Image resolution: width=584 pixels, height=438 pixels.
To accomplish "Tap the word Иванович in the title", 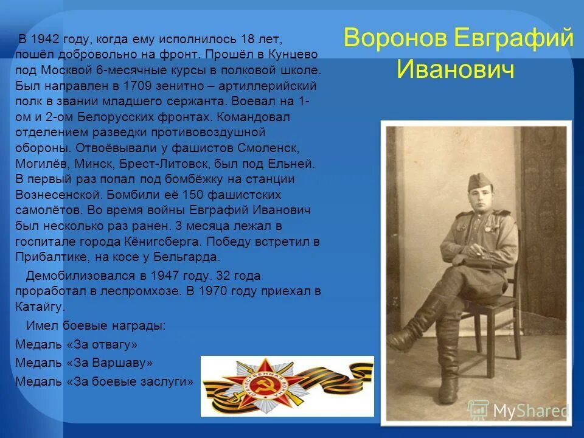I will click(x=456, y=68).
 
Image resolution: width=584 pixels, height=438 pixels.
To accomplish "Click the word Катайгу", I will click(x=39, y=306).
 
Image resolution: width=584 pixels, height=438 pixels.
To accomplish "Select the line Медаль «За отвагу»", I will click(x=77, y=344).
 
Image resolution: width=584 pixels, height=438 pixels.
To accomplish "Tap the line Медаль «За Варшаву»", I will click(x=84, y=363).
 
